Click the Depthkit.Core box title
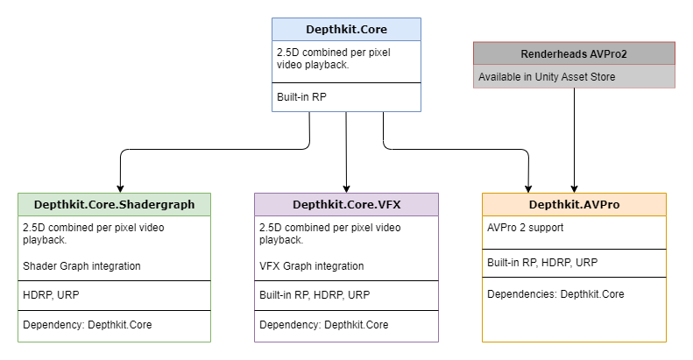346,29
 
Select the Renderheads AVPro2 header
574,53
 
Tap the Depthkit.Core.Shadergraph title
114,205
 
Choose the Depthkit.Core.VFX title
346,205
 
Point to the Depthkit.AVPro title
574,205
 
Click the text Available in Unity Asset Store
547,77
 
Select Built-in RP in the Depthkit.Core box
301,97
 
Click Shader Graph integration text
81,266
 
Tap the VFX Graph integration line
312,266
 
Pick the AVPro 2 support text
525,228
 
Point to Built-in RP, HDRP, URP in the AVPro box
542,262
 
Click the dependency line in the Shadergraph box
87,325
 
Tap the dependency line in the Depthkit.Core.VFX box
323,325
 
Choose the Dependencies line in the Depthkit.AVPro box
555,294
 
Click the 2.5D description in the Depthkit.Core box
333,59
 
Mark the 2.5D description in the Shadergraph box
93,233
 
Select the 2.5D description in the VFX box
329,233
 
